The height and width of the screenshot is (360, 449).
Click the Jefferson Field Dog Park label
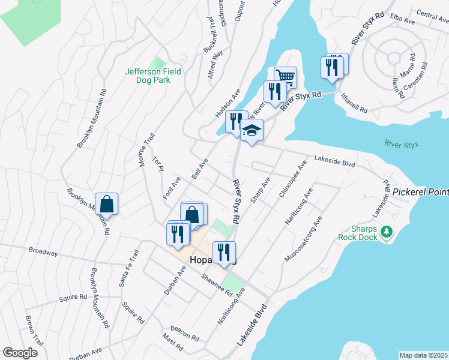(x=152, y=76)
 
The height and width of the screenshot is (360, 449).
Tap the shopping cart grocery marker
(x=286, y=77)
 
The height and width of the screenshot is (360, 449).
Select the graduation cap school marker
(x=252, y=130)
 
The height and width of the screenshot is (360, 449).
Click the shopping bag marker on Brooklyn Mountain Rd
(x=106, y=204)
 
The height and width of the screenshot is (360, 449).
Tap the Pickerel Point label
(x=421, y=192)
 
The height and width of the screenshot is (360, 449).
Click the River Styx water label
(x=402, y=145)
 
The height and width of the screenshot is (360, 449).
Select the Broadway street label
(x=43, y=253)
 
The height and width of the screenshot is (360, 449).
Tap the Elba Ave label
(x=402, y=20)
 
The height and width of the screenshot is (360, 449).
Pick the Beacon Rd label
(x=184, y=335)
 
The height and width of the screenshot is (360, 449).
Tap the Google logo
(x=20, y=353)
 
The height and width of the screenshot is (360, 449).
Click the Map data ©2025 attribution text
(x=423, y=355)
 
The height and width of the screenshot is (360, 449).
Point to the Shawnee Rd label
(x=217, y=284)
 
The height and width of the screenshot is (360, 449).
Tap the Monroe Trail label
(x=146, y=151)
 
